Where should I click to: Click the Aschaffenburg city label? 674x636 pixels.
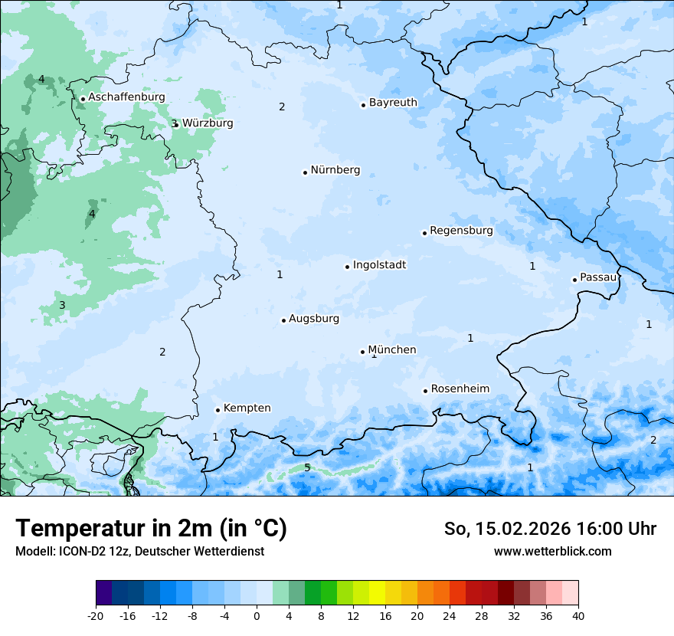[126, 97]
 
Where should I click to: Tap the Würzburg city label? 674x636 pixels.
[208, 123]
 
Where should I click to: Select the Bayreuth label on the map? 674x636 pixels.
[393, 102]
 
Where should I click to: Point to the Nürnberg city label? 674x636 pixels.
[335, 170]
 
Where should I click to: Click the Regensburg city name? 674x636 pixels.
[461, 230]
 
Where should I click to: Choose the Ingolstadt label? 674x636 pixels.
[379, 264]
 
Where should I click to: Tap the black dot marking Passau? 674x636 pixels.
[574, 280]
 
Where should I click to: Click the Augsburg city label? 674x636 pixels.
[314, 318]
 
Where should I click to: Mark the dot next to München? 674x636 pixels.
[362, 352]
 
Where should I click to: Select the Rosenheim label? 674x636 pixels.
[460, 388]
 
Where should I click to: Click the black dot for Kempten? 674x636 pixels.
[218, 410]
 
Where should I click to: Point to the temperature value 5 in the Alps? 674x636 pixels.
[307, 467]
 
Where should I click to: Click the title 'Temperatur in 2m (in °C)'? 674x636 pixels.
[152, 529]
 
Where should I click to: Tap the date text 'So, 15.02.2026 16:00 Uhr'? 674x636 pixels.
[550, 529]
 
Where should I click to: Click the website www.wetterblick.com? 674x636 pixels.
[552, 551]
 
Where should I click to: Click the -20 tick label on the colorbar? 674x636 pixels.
[96, 615]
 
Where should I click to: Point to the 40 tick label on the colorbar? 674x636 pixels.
[577, 615]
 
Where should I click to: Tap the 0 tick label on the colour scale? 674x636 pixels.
[257, 615]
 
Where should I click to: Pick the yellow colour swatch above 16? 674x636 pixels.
[377, 593]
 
